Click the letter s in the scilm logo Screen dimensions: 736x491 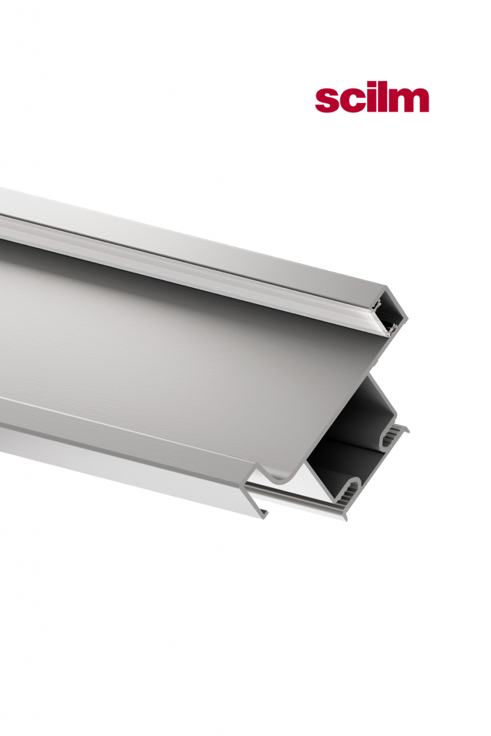326,101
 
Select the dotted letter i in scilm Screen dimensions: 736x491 371,99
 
